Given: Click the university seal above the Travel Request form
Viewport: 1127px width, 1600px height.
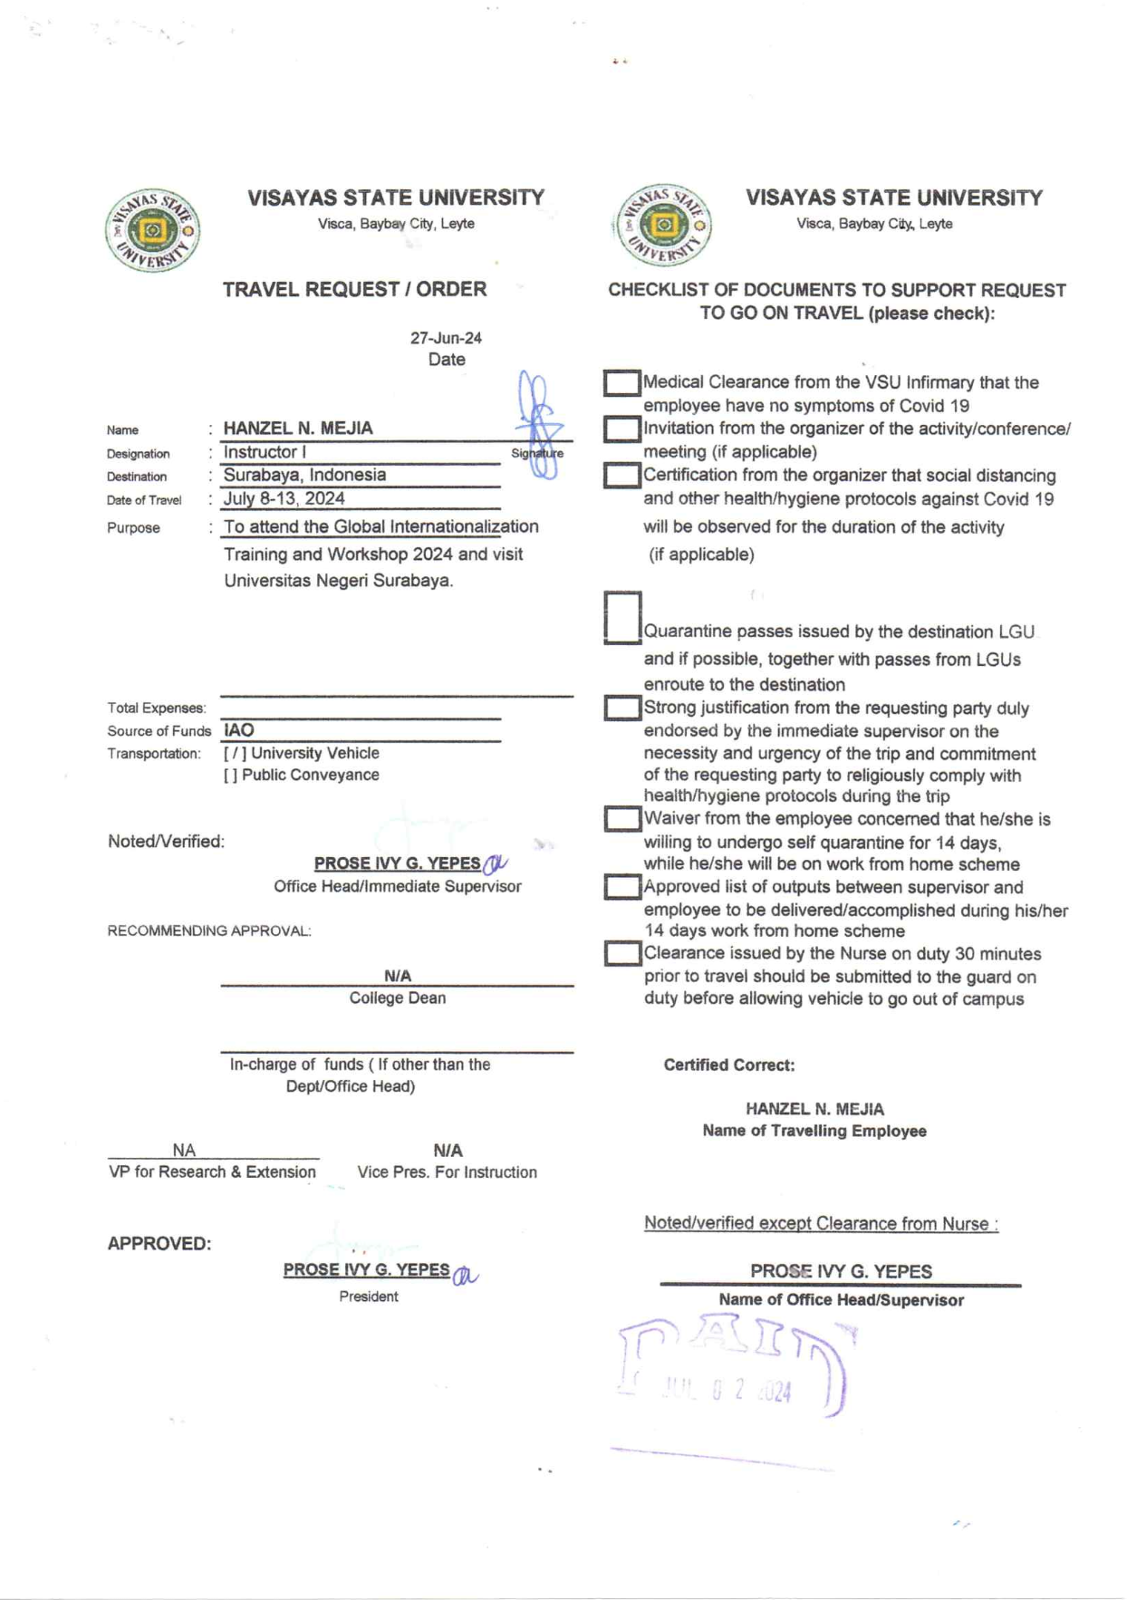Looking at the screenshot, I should point(152,230).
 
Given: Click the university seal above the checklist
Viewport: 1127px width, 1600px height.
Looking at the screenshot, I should point(663,225).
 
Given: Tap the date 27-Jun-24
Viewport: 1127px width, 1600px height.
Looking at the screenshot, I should point(446,338).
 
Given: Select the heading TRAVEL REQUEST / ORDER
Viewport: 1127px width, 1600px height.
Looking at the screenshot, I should point(354,289).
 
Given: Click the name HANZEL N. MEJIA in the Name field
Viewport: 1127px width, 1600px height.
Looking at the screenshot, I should point(298,428).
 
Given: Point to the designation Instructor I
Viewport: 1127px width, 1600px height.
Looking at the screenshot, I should point(265,452).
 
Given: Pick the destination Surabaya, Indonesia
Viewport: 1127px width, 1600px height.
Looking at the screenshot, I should point(304,475).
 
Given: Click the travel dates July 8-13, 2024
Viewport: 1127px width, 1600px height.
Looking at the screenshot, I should point(284,498).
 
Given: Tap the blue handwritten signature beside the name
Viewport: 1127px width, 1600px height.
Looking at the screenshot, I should point(539,423).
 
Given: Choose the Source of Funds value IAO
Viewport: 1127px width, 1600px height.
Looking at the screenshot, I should point(239,730).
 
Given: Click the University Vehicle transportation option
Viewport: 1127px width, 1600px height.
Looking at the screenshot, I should point(302,753).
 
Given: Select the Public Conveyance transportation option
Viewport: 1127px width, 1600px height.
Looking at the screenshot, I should point(302,775).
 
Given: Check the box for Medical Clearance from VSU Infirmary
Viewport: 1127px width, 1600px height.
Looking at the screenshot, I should point(621,383).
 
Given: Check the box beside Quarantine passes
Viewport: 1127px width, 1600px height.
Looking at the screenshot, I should point(622,618).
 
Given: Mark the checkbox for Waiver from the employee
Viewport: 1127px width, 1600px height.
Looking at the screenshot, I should point(622,819).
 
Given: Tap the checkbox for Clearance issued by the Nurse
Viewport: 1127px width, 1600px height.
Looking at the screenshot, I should point(622,953).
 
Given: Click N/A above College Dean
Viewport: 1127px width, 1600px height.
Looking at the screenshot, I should point(398,976).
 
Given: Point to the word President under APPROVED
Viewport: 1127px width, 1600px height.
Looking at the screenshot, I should point(369,1296).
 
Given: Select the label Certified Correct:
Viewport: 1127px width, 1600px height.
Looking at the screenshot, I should point(729,1065).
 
